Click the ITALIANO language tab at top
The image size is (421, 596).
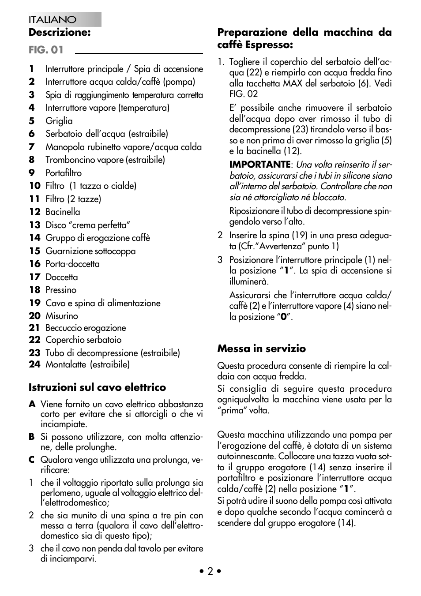point(53,20)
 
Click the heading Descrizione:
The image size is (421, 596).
point(60,32)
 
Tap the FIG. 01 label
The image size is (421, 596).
point(46,50)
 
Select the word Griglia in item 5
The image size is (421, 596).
point(59,121)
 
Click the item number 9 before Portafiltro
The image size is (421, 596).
point(32,173)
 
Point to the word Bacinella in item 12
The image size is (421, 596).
point(63,212)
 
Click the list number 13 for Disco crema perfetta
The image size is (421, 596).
point(34,225)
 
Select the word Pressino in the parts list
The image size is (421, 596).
point(61,290)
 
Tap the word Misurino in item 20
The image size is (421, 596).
point(62,316)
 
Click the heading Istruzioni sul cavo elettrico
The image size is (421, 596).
point(97,387)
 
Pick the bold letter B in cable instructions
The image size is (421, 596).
point(32,437)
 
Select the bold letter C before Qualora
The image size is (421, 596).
point(32,460)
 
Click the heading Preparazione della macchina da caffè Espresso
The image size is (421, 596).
point(304,38)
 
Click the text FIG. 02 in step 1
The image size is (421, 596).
point(244,94)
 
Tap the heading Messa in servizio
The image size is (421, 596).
point(261,349)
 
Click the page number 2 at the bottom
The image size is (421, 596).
point(210,571)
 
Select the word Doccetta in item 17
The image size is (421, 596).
point(62,277)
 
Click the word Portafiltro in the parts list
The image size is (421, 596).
point(64,173)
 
